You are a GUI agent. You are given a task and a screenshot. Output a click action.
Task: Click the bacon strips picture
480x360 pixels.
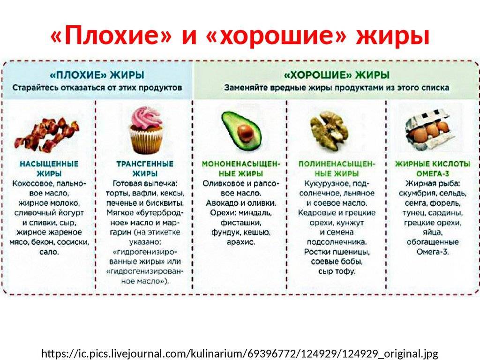[x=46, y=135]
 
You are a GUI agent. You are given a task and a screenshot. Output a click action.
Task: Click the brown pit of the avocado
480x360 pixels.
[x=245, y=133]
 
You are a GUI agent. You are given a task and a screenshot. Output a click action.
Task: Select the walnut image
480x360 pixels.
[x=330, y=130]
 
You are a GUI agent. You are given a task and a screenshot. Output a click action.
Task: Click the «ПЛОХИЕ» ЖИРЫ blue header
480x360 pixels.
[x=97, y=75]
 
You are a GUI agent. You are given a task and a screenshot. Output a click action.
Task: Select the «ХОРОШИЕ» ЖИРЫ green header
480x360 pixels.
[x=337, y=75]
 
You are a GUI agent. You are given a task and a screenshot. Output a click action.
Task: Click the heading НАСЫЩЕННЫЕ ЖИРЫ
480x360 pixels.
[x=49, y=169]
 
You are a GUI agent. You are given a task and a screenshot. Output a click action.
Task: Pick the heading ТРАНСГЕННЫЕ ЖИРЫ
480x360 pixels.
[x=145, y=169]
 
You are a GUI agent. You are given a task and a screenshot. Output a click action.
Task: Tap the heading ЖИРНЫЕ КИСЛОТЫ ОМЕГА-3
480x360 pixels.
[x=432, y=169]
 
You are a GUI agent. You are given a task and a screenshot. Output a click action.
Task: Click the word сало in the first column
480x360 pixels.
[x=49, y=252]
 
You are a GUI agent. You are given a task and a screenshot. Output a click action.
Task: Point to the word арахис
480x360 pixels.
[x=240, y=242]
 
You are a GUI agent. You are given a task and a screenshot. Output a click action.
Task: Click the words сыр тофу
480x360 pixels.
[x=337, y=271]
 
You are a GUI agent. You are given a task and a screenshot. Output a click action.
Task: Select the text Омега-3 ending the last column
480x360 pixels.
[x=432, y=252]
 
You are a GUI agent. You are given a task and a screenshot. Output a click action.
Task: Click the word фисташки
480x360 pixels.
[x=240, y=223]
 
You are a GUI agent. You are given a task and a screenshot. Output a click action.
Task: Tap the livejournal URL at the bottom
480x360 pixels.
[x=240, y=353]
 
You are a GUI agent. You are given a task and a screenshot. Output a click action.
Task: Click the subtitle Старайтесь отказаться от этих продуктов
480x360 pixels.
[x=97, y=88]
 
